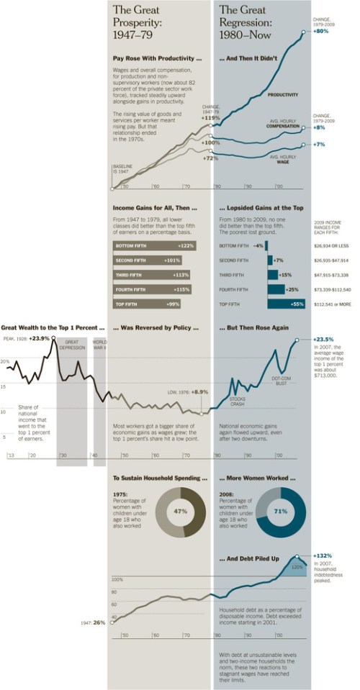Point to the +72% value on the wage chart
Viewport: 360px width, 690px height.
point(210,158)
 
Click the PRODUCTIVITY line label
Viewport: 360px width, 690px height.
point(283,94)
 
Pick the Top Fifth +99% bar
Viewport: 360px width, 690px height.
point(143,304)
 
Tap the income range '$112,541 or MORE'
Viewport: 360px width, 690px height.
point(333,304)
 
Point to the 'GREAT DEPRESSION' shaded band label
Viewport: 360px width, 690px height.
point(71,345)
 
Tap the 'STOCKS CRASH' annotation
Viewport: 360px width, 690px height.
point(238,401)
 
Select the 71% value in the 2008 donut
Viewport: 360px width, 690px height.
point(280,511)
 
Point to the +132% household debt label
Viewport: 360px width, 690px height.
point(323,555)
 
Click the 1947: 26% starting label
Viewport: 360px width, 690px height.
point(94,622)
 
